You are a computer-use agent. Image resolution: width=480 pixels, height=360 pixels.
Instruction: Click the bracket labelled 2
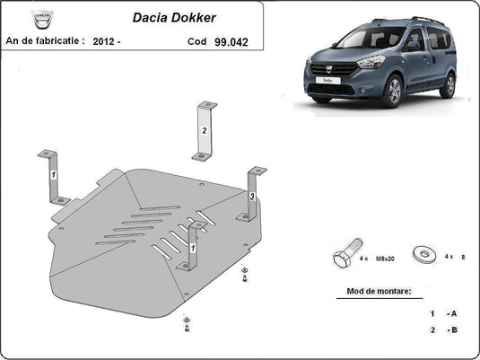click(205, 131)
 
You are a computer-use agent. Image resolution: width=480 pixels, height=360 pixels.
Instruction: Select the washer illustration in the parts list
click(423, 254)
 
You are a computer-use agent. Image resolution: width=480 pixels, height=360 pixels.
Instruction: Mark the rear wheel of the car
click(447, 85)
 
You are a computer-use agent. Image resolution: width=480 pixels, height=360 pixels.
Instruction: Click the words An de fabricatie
click(45, 40)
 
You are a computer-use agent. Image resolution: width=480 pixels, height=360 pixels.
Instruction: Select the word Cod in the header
click(197, 40)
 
